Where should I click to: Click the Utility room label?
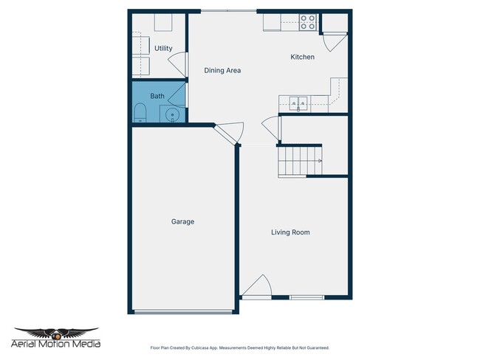click(163, 49)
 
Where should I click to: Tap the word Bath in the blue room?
click(157, 96)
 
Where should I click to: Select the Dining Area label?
click(222, 71)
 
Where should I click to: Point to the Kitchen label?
click(302, 57)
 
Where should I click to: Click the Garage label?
click(182, 221)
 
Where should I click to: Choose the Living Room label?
click(290, 232)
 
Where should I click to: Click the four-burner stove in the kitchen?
click(309, 22)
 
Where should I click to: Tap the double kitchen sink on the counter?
click(298, 103)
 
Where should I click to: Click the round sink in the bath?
click(171, 115)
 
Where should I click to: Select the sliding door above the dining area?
click(228, 10)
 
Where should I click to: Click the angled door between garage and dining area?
click(230, 134)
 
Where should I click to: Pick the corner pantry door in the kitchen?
click(332, 41)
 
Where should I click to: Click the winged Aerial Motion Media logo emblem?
click(56, 333)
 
